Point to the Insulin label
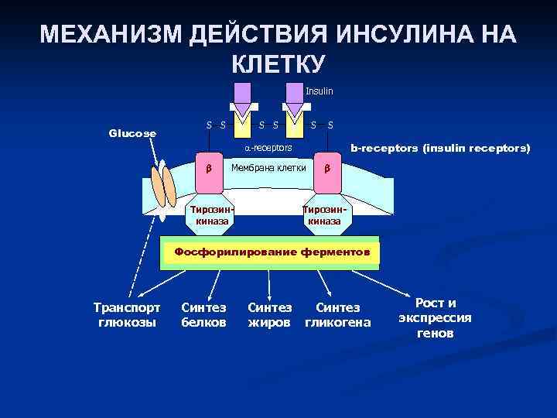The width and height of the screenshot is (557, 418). point(319,91)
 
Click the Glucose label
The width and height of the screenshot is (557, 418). point(132,133)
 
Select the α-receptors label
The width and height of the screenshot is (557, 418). point(263,146)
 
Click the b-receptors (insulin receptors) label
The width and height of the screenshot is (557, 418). point(440,146)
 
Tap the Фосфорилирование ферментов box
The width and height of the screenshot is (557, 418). point(272,252)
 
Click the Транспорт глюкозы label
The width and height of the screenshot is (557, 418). point(127,314)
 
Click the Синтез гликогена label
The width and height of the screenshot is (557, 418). point(339,314)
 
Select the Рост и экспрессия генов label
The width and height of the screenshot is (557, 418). point(435,317)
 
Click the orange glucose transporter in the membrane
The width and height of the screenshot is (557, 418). point(164,186)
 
